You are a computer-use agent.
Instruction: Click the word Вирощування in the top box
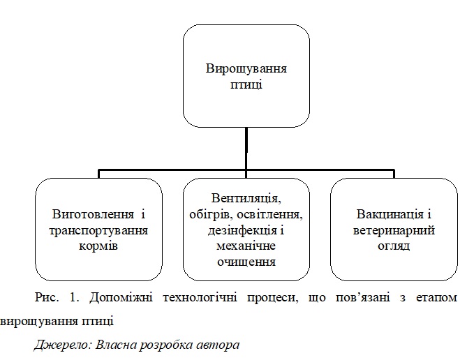[x=246, y=69]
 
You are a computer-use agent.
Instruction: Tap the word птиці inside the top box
[x=246, y=84]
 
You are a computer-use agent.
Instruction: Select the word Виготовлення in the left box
[x=93, y=214]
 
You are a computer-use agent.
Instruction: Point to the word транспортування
[x=98, y=231]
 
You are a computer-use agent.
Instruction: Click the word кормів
[x=98, y=246]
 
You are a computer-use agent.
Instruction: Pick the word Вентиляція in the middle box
[x=246, y=199]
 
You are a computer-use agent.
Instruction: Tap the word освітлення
[x=270, y=215]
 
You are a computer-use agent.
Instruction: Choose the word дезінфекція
[x=242, y=231]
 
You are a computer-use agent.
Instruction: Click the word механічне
[x=246, y=246]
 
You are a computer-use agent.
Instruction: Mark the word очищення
[x=246, y=262]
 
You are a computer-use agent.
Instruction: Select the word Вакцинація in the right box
[x=390, y=214]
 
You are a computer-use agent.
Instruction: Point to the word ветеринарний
[x=394, y=231]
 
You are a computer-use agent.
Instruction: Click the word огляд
[x=394, y=246]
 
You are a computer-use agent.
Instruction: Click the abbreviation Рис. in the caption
[x=47, y=297]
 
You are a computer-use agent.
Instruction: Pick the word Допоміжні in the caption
[x=121, y=298]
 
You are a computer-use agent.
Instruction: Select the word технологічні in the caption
[x=200, y=298]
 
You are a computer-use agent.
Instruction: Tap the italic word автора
[x=218, y=345]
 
